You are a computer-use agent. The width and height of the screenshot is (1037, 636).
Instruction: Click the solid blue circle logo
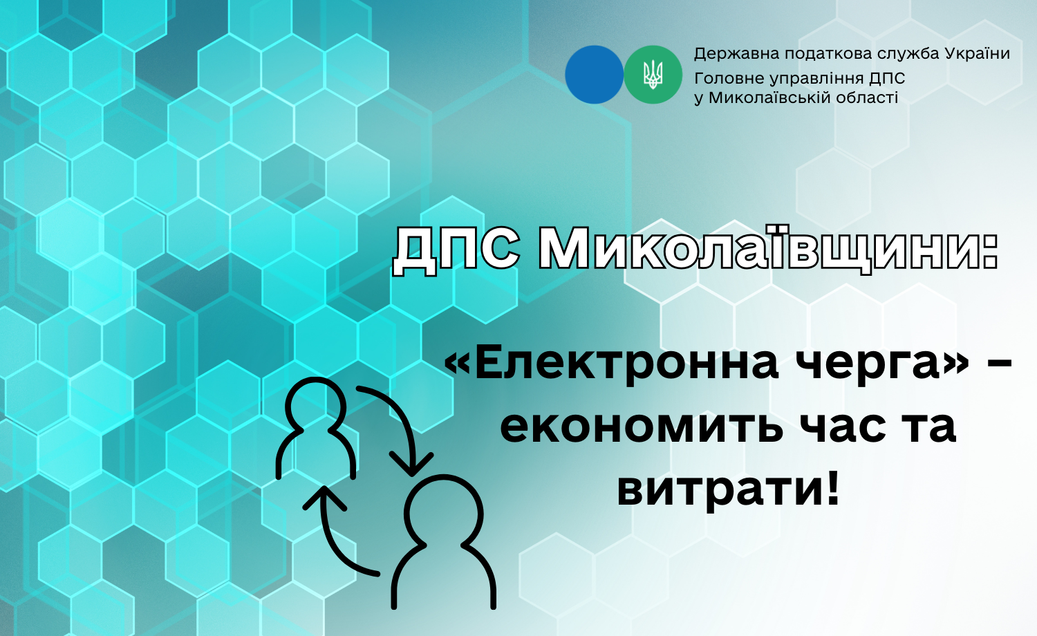pos(594,75)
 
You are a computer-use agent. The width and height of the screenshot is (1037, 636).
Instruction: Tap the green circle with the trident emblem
pos(653,75)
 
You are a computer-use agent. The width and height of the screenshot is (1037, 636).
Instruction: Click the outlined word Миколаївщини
pos(769,250)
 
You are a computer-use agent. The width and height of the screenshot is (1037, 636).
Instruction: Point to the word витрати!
pos(728,487)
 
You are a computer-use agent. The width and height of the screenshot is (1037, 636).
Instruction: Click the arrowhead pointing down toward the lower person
pos(411,464)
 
